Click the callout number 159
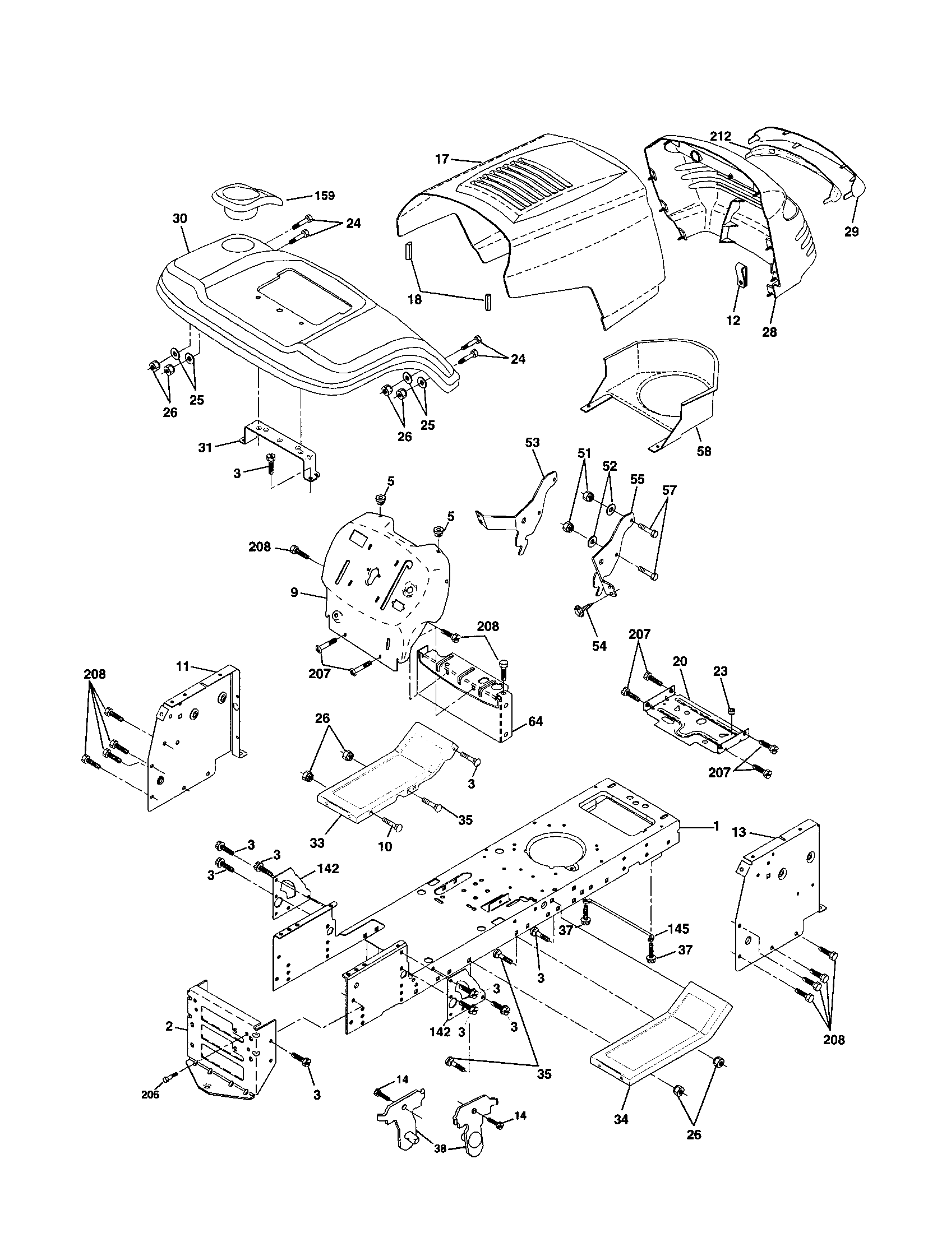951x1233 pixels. [324, 196]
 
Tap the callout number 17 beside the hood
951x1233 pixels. [442, 159]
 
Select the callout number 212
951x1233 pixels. [721, 136]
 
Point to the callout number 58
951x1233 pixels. [704, 451]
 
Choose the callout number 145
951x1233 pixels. [678, 928]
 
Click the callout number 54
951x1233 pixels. [599, 646]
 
